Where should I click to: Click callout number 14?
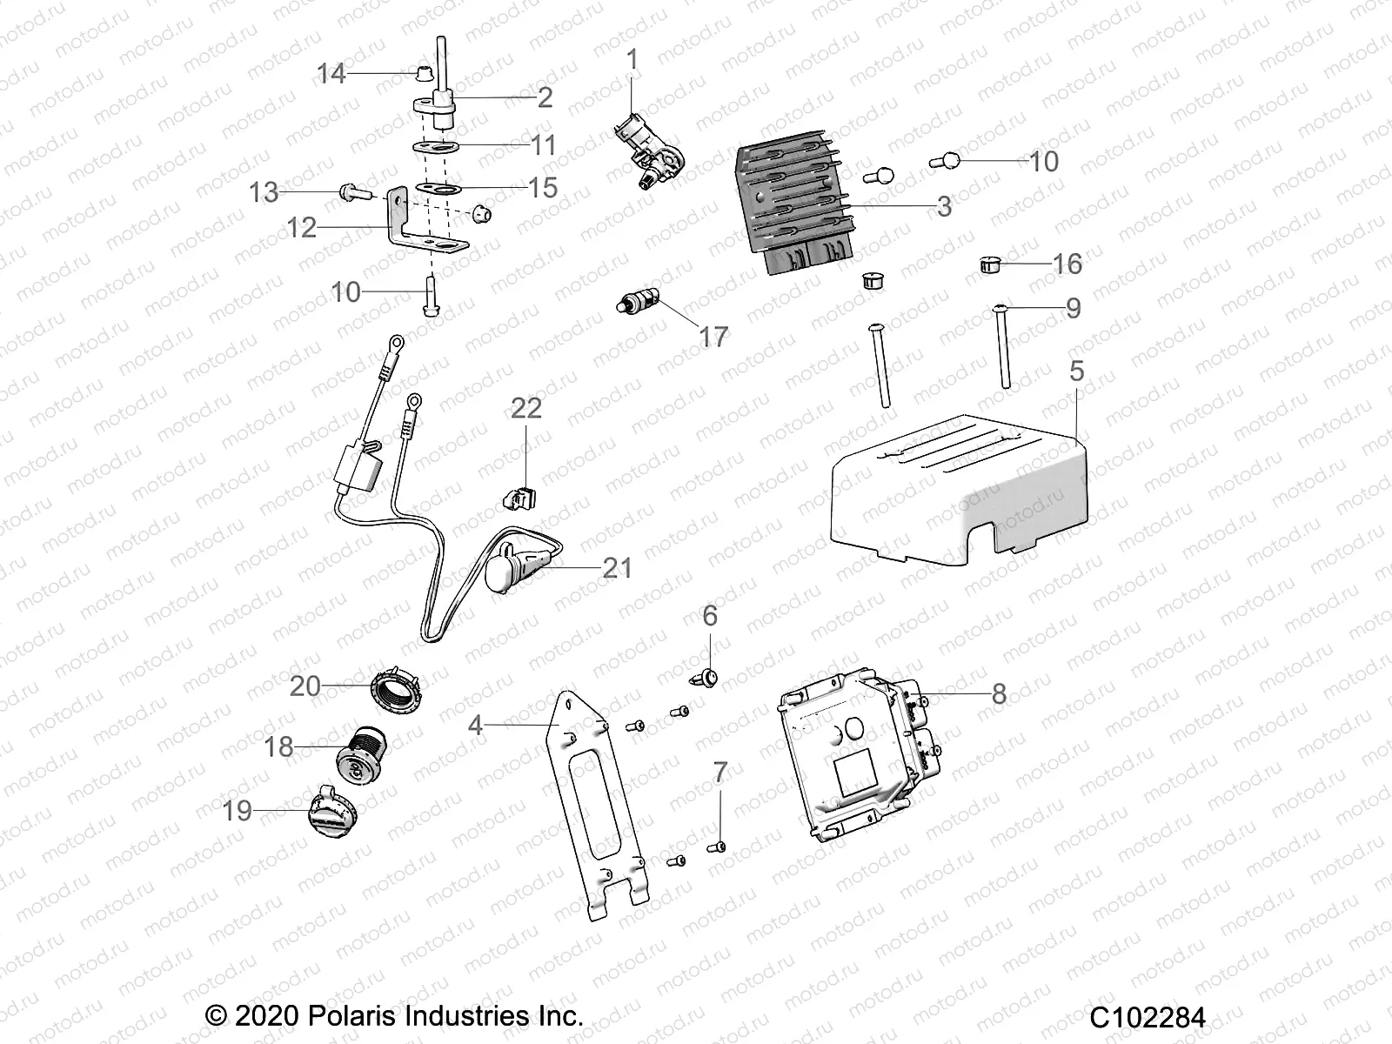331,74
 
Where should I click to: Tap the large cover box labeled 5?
957,496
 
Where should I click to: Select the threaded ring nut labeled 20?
399,687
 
